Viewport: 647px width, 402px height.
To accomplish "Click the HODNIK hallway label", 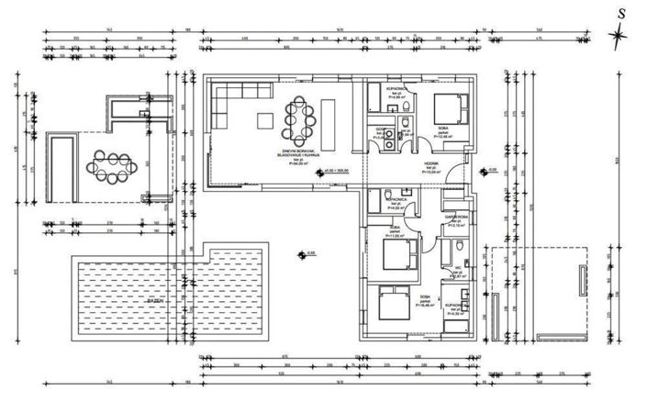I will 431,166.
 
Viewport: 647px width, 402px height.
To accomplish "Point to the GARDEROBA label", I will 456,218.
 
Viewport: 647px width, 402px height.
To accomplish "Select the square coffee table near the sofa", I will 265,119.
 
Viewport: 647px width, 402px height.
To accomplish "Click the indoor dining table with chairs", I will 301,117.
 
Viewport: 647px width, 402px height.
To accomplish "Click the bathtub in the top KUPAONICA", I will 376,99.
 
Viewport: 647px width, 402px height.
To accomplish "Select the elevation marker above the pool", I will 303,254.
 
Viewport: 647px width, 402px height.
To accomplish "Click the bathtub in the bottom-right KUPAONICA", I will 464,312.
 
